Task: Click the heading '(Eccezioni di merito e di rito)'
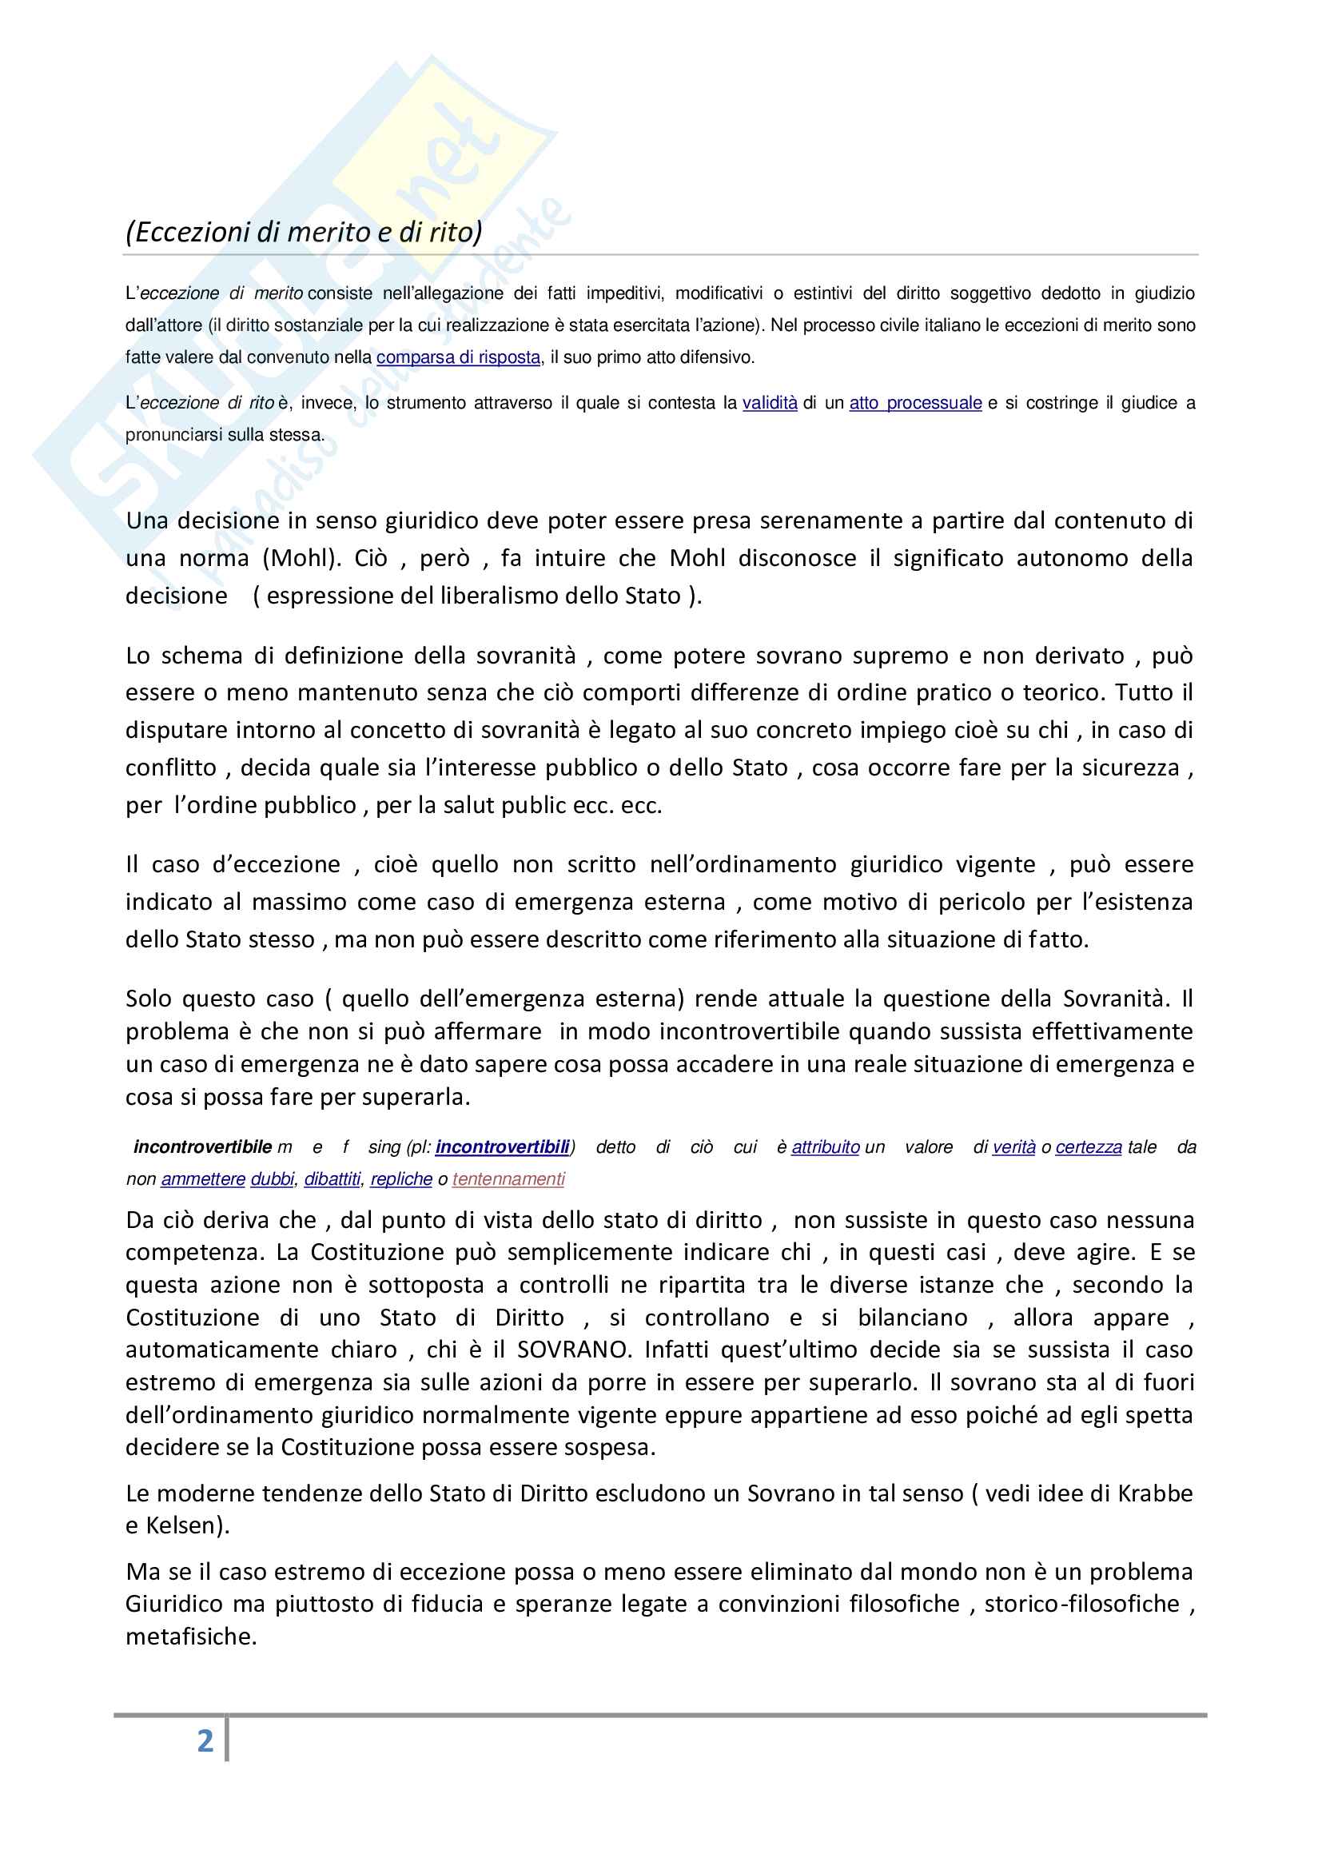304,232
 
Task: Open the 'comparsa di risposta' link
458,357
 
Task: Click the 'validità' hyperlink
769,402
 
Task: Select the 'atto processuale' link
915,402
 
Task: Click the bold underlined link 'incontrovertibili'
502,1146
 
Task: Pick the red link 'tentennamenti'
508,1178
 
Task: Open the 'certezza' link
1089,1146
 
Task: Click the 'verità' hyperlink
1013,1146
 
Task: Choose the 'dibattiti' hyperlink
332,1178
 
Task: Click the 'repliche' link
401,1178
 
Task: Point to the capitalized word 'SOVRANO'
573,1350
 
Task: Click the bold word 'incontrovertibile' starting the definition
202,1146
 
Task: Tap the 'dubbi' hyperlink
272,1178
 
